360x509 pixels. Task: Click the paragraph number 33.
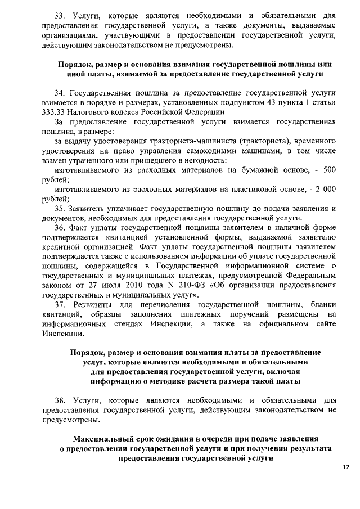(x=60, y=16)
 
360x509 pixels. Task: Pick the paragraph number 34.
(x=60, y=92)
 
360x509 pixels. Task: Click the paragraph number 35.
(x=60, y=209)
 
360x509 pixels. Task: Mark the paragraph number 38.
(x=60, y=400)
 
